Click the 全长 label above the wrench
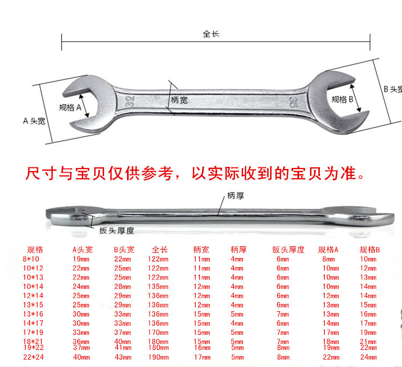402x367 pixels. (211, 34)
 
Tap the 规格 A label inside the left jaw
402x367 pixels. (70, 107)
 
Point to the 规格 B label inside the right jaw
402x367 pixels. (342, 99)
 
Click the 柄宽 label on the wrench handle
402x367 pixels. (179, 100)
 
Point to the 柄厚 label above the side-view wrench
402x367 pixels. (235, 196)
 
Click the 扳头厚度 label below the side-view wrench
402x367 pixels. (116, 231)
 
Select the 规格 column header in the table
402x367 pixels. (35, 249)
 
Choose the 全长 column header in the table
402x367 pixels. (160, 249)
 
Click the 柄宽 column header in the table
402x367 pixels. (202, 249)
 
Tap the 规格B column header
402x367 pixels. (370, 249)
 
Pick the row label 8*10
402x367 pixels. (33, 259)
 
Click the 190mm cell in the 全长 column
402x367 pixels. (159, 357)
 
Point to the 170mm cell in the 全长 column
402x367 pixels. (159, 332)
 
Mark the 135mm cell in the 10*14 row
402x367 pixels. (159, 287)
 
